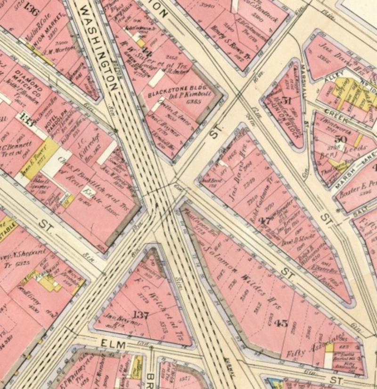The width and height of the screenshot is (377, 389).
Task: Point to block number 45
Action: point(281,323)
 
